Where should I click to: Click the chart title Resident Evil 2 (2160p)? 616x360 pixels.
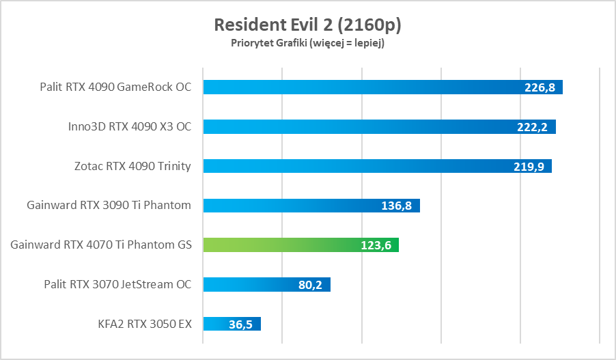[x=307, y=25]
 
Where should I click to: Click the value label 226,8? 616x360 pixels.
[x=540, y=87]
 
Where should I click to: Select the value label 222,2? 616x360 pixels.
[x=533, y=127]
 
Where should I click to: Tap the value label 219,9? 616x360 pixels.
[x=529, y=166]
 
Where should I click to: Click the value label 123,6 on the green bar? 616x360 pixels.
[x=376, y=245]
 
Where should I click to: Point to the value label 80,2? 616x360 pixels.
[x=311, y=284]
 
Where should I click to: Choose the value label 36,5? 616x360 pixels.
[x=241, y=324]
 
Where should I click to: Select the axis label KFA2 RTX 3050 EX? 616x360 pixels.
[x=145, y=324]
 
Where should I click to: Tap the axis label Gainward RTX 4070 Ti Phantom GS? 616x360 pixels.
[x=101, y=245]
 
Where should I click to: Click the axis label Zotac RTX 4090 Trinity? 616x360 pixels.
[x=132, y=166]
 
